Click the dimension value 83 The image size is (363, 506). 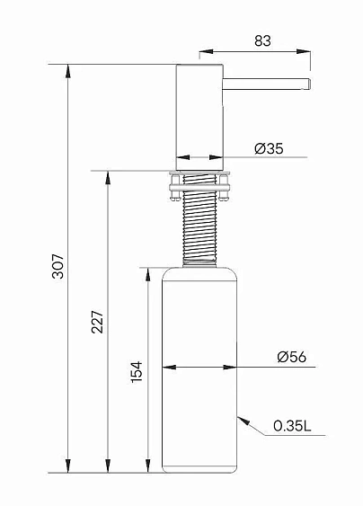click(x=262, y=41)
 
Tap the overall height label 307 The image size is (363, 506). click(x=58, y=267)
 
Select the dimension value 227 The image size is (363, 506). click(x=97, y=322)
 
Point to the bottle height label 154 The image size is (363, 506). click(x=137, y=372)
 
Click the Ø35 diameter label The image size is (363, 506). click(x=269, y=149)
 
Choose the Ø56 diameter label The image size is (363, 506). click(x=292, y=357)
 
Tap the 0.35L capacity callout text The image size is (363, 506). click(x=292, y=426)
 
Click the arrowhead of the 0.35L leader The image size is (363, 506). click(x=243, y=421)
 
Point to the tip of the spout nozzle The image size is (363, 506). click(x=310, y=84)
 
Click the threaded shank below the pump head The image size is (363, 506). click(x=199, y=219)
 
